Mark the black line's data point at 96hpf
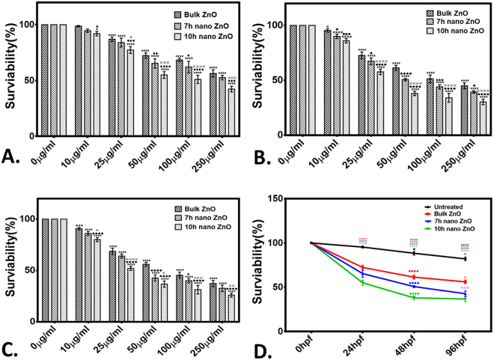465,259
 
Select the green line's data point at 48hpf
414,297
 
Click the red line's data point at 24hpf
363,267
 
